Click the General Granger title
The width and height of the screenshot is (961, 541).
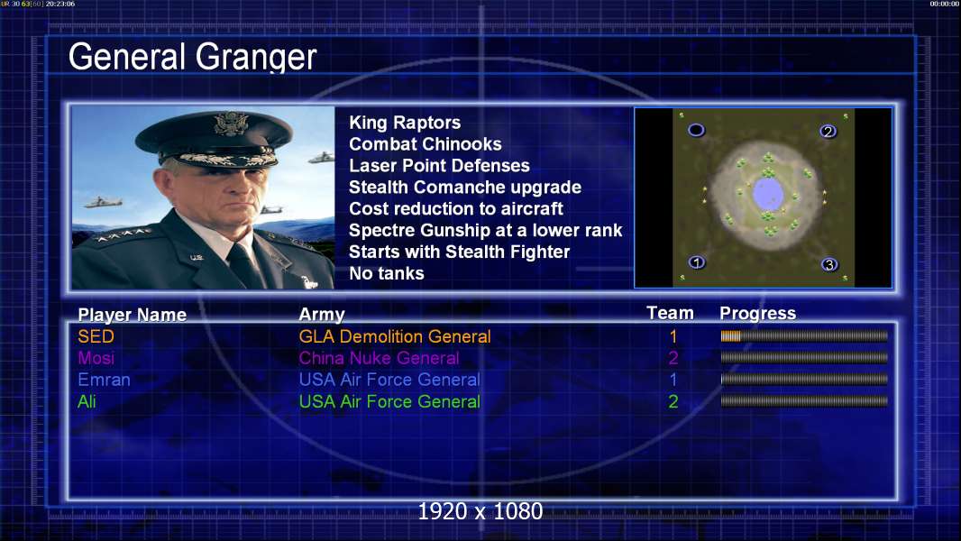[x=192, y=57]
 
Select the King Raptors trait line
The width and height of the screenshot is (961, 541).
[x=405, y=123]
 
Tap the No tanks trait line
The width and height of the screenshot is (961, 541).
[x=386, y=273]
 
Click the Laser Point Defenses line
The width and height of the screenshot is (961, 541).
[x=439, y=165]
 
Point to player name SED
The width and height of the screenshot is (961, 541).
[x=96, y=336]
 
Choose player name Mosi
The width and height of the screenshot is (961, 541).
[x=96, y=358]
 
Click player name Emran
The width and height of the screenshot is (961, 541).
[x=104, y=380]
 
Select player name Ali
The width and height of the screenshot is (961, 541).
[x=87, y=401]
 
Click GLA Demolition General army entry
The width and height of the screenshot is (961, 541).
[x=395, y=336]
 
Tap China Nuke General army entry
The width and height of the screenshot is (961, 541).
[x=379, y=358]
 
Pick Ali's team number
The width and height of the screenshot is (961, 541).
[x=673, y=401]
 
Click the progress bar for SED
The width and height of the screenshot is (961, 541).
[x=804, y=335]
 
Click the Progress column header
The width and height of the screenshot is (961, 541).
[x=757, y=313]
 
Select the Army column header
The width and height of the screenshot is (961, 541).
[x=322, y=315]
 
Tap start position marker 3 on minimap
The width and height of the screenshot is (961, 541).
[x=829, y=265]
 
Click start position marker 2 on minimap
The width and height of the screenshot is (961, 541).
[x=828, y=131]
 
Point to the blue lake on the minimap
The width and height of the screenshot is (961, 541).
[x=768, y=194]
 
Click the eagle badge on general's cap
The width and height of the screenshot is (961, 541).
[x=231, y=124]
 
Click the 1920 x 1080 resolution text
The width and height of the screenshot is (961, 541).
[x=480, y=511]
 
